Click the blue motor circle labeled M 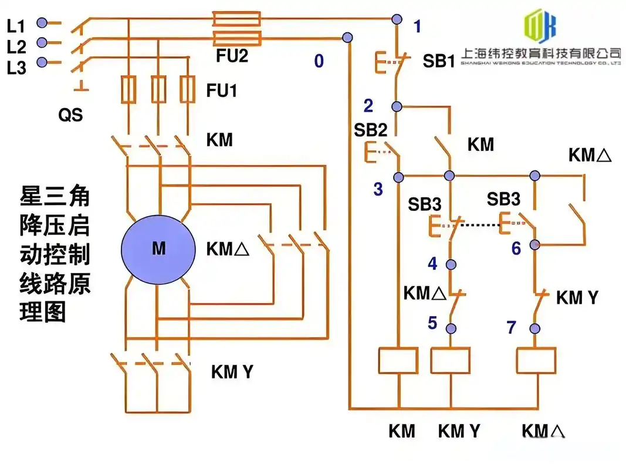[158, 249]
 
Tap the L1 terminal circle [42, 23]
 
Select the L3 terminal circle [42, 62]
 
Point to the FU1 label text [222, 91]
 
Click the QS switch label [70, 115]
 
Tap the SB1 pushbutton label [439, 61]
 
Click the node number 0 [319, 61]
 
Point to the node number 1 [417, 26]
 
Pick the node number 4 [432, 264]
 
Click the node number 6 [516, 249]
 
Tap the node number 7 [511, 327]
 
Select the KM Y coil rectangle [450, 361]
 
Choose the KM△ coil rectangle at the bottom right [536, 361]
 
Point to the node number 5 [432, 323]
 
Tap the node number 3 [378, 189]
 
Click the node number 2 [368, 106]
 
